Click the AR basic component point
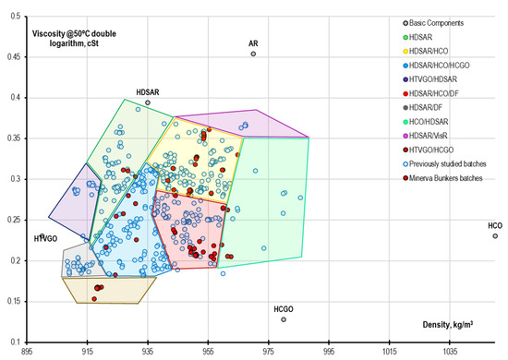253,54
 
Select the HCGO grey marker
284,319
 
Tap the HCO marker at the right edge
495,236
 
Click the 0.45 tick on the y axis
13,57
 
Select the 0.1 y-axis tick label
16,342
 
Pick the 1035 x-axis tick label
450,352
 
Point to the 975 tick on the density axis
269,352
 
